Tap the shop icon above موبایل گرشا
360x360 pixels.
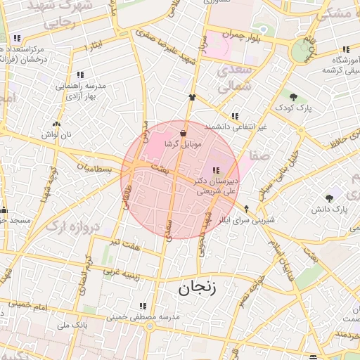click(x=184, y=133)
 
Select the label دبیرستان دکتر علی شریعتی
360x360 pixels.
click(x=218, y=185)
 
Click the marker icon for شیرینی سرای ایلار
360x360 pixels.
click(x=246, y=209)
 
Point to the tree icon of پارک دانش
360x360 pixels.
click(x=329, y=198)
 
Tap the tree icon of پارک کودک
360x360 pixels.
click(x=293, y=97)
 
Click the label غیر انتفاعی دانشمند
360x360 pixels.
click(x=236, y=127)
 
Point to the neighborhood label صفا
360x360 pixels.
click(x=255, y=157)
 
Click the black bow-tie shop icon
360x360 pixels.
click(x=191, y=98)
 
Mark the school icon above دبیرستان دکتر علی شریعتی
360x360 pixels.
click(x=215, y=169)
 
